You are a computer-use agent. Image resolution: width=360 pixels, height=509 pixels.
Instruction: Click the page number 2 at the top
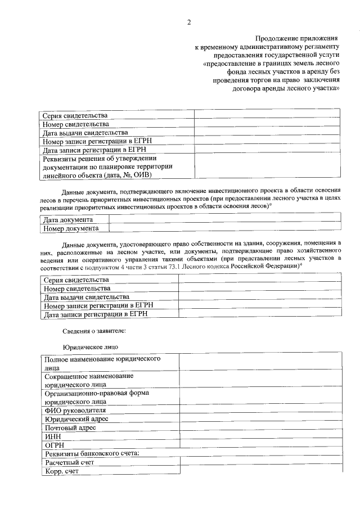pyautogui.click(x=189, y=22)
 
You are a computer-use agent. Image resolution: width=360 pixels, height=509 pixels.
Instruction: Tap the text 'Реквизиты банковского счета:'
pyautogui.click(x=91, y=453)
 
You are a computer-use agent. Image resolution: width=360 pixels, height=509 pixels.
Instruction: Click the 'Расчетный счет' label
pyautogui.click(x=69, y=462)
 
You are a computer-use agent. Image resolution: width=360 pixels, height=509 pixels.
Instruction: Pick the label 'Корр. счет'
pyautogui.click(x=62, y=471)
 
